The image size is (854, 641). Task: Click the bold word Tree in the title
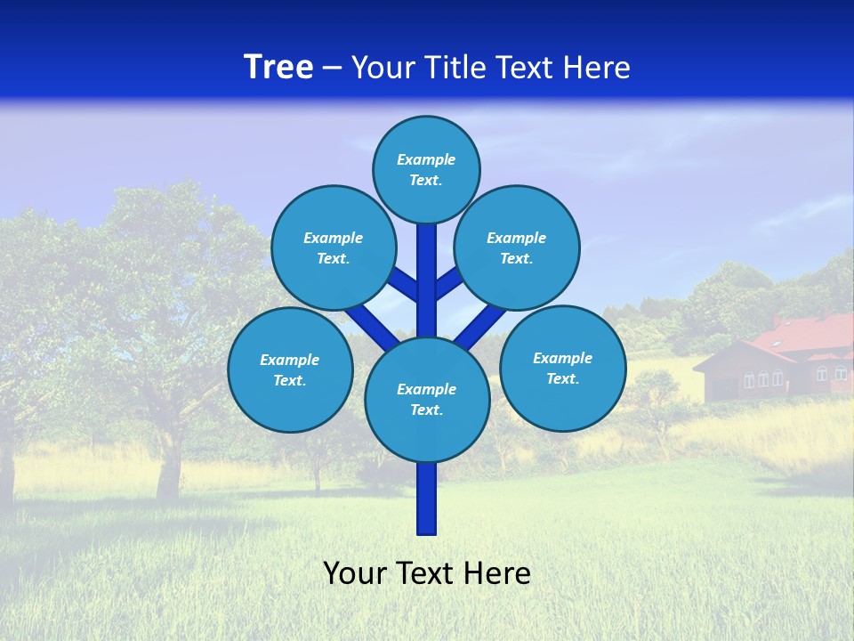point(278,68)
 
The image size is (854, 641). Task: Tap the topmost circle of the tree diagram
point(426,169)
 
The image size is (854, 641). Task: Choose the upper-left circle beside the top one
point(333,248)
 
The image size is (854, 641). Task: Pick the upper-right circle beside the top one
point(516,248)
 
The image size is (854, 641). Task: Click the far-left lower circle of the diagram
point(289,370)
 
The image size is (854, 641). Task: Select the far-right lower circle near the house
point(562,368)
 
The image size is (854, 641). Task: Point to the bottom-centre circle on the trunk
point(426,400)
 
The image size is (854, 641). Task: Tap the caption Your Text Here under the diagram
point(426,573)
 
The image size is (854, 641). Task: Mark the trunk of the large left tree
point(169,463)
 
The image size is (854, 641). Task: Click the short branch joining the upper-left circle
point(404,285)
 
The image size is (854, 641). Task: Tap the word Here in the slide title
point(600,68)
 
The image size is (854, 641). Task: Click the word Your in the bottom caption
point(355,573)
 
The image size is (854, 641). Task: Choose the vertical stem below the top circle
point(426,267)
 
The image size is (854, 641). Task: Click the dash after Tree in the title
point(332,68)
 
